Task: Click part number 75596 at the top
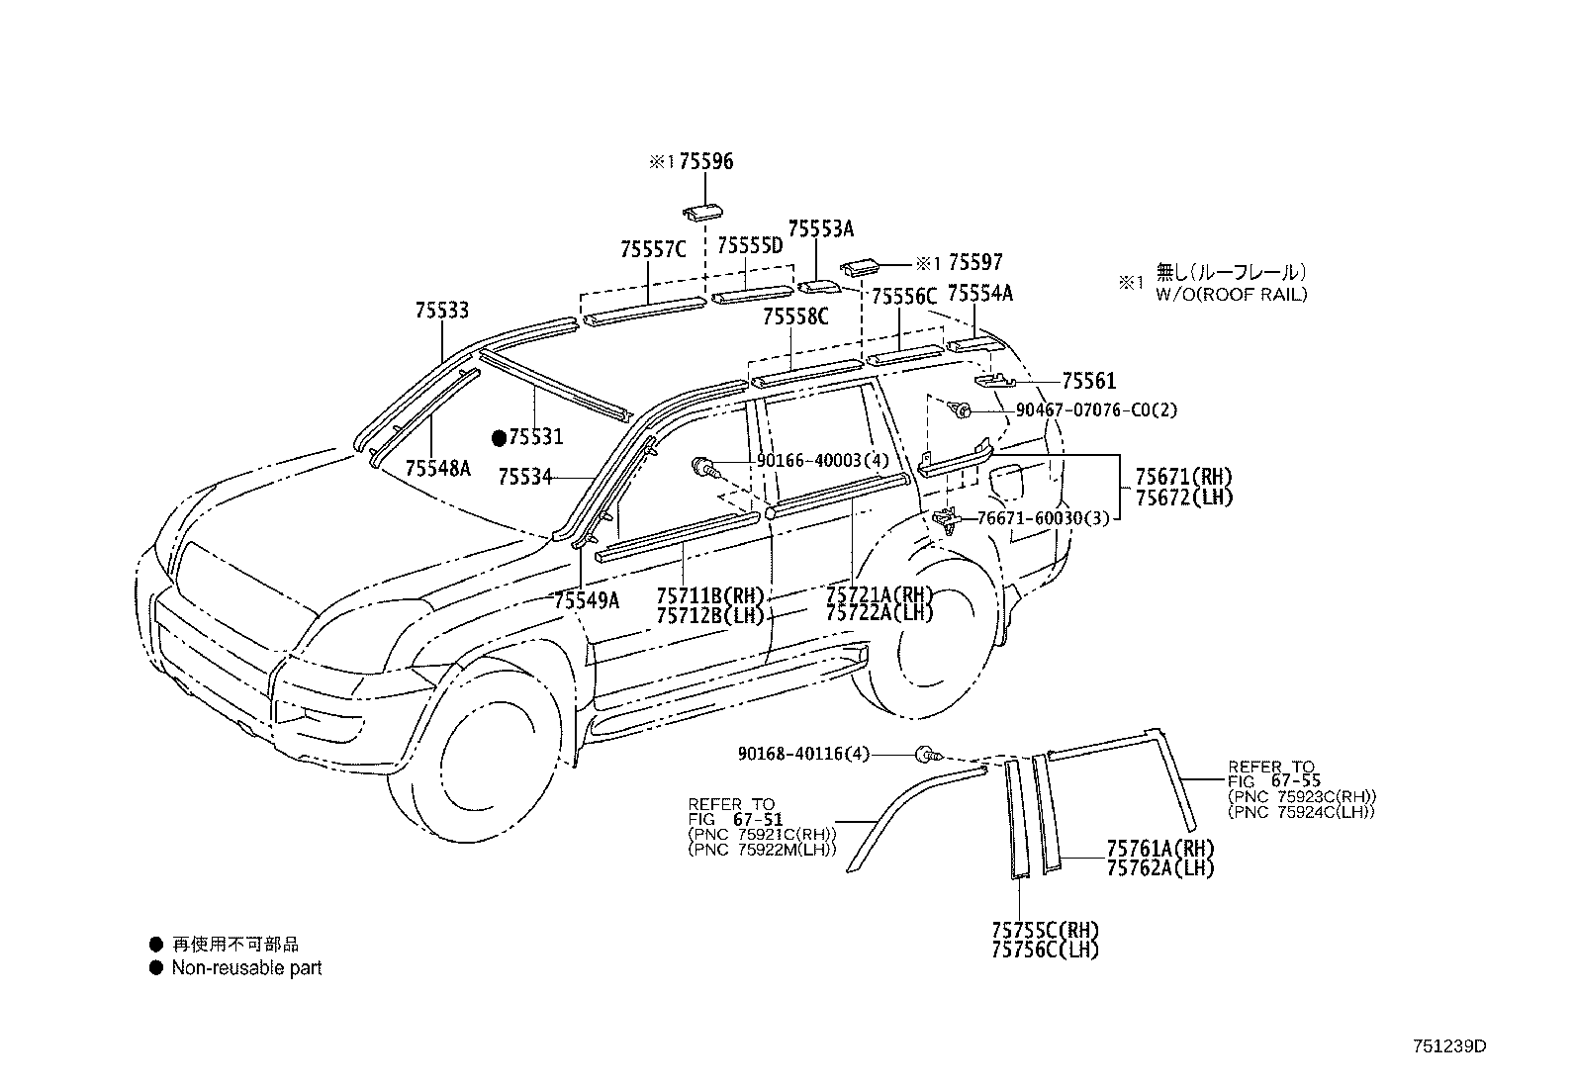coord(705,161)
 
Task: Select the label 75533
coord(441,311)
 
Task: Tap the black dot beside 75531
coord(500,436)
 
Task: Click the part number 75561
coord(1088,381)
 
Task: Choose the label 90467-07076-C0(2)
coord(1096,409)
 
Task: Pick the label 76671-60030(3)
coord(1042,517)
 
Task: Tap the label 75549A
coord(586,599)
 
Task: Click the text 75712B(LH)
coord(710,615)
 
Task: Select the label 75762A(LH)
coord(1159,868)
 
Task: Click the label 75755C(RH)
coord(1044,931)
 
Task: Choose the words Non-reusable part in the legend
coord(246,968)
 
